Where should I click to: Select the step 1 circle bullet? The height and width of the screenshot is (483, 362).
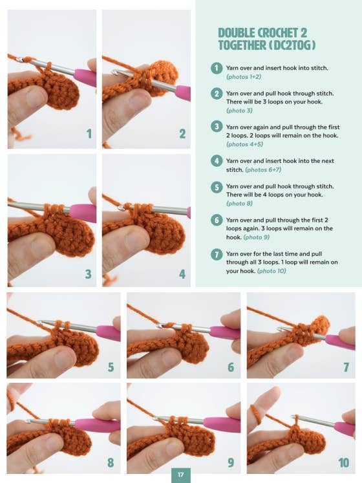coord(217,68)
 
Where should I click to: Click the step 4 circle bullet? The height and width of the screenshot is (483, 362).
coord(217,160)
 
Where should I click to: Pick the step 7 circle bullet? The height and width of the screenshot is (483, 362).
coord(217,254)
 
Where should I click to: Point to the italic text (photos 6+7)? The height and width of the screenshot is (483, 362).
coord(263,169)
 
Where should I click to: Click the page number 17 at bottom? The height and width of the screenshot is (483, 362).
coord(181,475)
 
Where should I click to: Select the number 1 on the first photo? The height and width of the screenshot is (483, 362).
coord(89,134)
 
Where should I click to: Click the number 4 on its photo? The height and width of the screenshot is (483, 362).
coord(183,274)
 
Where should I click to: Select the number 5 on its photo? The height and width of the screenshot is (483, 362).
coord(111,367)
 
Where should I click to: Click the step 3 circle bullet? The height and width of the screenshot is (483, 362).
coord(217,127)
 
